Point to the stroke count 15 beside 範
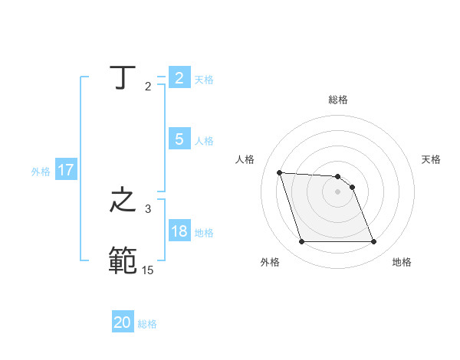point(147,270)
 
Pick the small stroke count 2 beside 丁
point(148,86)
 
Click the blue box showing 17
point(66,171)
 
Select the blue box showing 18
point(179,231)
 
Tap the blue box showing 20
point(123,322)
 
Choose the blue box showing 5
point(179,139)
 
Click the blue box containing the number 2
point(179,78)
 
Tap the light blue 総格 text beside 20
point(147,324)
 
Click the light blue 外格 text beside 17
point(41,172)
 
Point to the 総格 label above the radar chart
point(338,100)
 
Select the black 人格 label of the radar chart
point(245,159)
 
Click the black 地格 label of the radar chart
point(402,262)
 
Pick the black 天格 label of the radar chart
point(432,159)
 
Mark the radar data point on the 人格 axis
point(280,172)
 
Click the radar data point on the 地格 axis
point(373,242)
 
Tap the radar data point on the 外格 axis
point(301,242)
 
